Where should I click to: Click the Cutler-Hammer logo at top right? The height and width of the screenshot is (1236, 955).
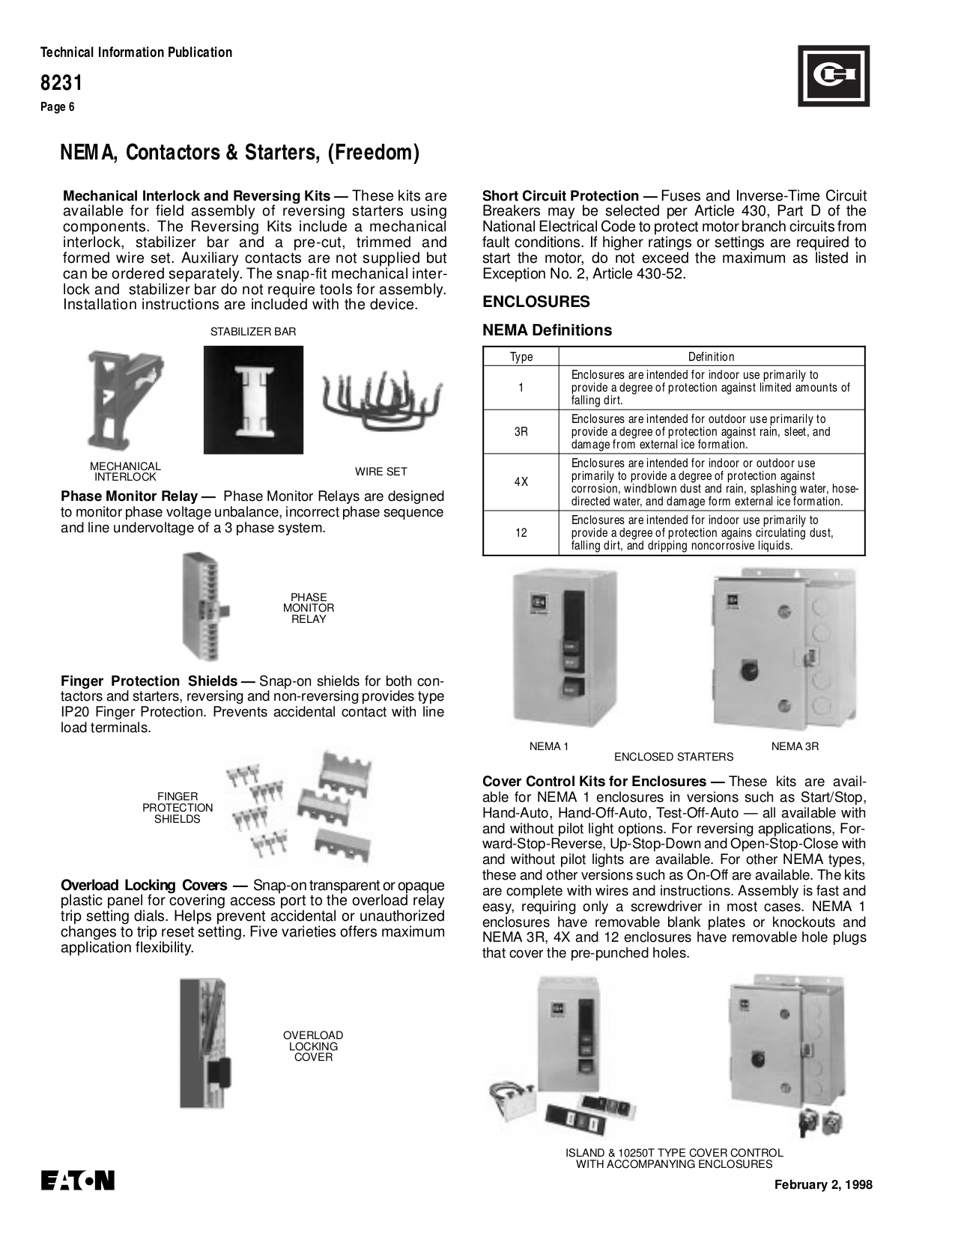[833, 76]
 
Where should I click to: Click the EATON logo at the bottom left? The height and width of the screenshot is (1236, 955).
[77, 1181]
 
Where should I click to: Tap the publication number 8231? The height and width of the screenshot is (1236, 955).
[61, 82]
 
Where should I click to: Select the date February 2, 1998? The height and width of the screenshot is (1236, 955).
[823, 1184]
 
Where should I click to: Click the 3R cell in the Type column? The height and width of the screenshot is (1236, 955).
[521, 431]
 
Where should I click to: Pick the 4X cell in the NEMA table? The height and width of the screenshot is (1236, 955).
[521, 482]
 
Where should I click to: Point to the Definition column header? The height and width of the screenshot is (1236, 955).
[711, 357]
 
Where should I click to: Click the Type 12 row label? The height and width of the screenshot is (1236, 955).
[521, 533]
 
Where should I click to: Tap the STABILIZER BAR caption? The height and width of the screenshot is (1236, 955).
[253, 332]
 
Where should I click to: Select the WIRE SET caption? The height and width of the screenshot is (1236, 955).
[381, 472]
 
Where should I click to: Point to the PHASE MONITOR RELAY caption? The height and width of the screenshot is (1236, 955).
[309, 608]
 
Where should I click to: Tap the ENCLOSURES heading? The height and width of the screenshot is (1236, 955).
[536, 302]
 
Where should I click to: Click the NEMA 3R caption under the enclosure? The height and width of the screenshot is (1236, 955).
[795, 746]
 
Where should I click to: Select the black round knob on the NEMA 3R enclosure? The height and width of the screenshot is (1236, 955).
[748, 669]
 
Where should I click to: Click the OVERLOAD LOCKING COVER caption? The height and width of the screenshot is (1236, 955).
[313, 1046]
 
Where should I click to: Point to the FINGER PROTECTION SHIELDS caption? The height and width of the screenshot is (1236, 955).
[178, 808]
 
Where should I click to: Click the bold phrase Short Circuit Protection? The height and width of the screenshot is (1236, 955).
[560, 196]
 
